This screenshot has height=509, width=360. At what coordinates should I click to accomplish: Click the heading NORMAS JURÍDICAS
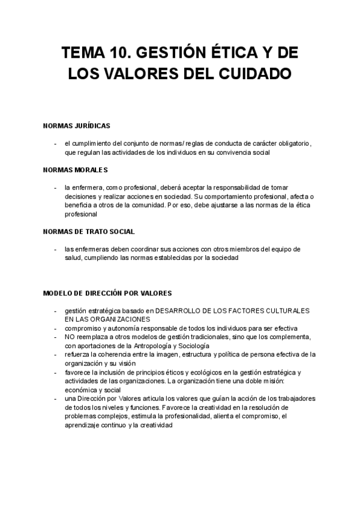77,126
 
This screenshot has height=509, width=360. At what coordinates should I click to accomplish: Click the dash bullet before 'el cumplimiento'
55,143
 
